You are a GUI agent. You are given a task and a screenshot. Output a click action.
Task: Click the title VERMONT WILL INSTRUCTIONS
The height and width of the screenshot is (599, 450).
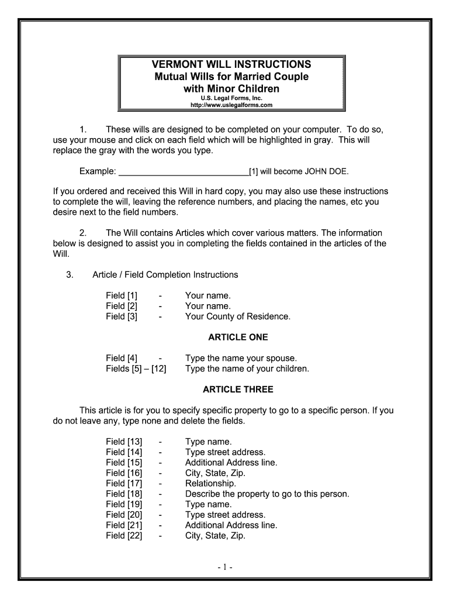click(231, 64)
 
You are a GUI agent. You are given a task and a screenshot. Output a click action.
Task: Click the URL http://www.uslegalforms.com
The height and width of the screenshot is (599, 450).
click(231, 105)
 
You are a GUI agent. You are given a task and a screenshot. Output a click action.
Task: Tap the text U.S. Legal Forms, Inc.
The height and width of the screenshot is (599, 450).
click(231, 98)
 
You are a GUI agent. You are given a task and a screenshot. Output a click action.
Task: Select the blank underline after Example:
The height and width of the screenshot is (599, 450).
click(184, 171)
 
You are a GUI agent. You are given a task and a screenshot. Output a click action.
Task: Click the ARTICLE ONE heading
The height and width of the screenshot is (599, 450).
click(238, 338)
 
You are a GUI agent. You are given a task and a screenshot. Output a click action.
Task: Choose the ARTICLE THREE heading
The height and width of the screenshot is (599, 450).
click(238, 390)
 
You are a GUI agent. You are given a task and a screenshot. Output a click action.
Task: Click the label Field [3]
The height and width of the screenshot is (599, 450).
click(122, 317)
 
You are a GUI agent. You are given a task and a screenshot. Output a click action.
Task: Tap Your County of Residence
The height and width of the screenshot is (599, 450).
click(237, 317)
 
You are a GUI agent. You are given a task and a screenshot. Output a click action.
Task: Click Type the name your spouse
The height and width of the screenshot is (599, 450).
click(241, 359)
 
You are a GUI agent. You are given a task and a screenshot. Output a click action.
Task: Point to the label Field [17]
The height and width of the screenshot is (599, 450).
click(124, 484)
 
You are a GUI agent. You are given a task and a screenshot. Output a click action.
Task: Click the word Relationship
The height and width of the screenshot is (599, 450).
click(210, 484)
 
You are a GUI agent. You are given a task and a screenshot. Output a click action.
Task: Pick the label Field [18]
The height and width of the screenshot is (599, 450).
click(124, 494)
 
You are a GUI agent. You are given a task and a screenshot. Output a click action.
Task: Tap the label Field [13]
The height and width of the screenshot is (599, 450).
click(124, 442)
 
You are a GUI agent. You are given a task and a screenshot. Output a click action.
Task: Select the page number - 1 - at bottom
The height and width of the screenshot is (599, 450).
click(225, 567)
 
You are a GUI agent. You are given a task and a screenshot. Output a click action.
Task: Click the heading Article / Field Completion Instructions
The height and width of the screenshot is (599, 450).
click(165, 275)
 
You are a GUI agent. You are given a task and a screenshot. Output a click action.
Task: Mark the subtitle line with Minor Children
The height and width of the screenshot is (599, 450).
click(231, 89)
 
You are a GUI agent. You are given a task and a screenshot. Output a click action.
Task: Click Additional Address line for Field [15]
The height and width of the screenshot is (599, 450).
click(231, 463)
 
